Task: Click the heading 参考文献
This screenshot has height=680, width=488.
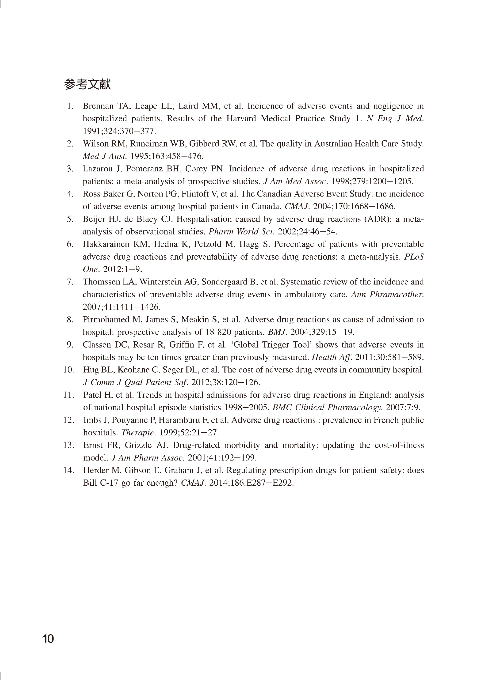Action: click(87, 85)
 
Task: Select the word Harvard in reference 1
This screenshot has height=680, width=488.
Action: click(241, 119)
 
